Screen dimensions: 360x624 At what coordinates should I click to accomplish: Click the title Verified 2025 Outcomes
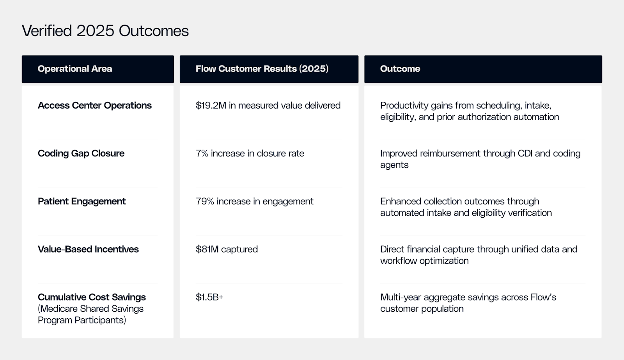pos(105,31)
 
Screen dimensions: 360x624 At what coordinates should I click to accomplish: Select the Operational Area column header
pos(75,69)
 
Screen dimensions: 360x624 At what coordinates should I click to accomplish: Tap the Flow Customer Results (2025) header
pos(262,69)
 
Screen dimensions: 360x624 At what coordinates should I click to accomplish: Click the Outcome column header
pos(400,69)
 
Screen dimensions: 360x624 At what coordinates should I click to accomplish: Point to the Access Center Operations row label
pos(94,105)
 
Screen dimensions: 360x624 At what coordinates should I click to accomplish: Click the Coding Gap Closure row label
pos(81,153)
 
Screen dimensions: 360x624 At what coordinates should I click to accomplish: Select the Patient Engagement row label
pos(82,201)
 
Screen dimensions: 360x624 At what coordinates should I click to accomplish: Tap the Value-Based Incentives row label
pos(88,249)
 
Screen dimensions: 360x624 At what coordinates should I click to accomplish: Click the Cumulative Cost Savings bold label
pos(92,297)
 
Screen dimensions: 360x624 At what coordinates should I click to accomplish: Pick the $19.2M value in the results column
pos(211,105)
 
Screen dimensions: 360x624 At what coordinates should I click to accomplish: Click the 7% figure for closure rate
pos(202,153)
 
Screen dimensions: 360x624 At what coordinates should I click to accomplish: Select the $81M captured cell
pos(227,249)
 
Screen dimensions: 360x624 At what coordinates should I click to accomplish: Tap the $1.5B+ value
pos(209,297)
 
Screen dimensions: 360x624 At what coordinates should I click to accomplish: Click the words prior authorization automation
pos(498,117)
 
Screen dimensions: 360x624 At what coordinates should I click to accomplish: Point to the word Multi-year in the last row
pos(401,297)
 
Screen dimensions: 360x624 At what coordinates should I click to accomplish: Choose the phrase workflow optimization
pos(424,261)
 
